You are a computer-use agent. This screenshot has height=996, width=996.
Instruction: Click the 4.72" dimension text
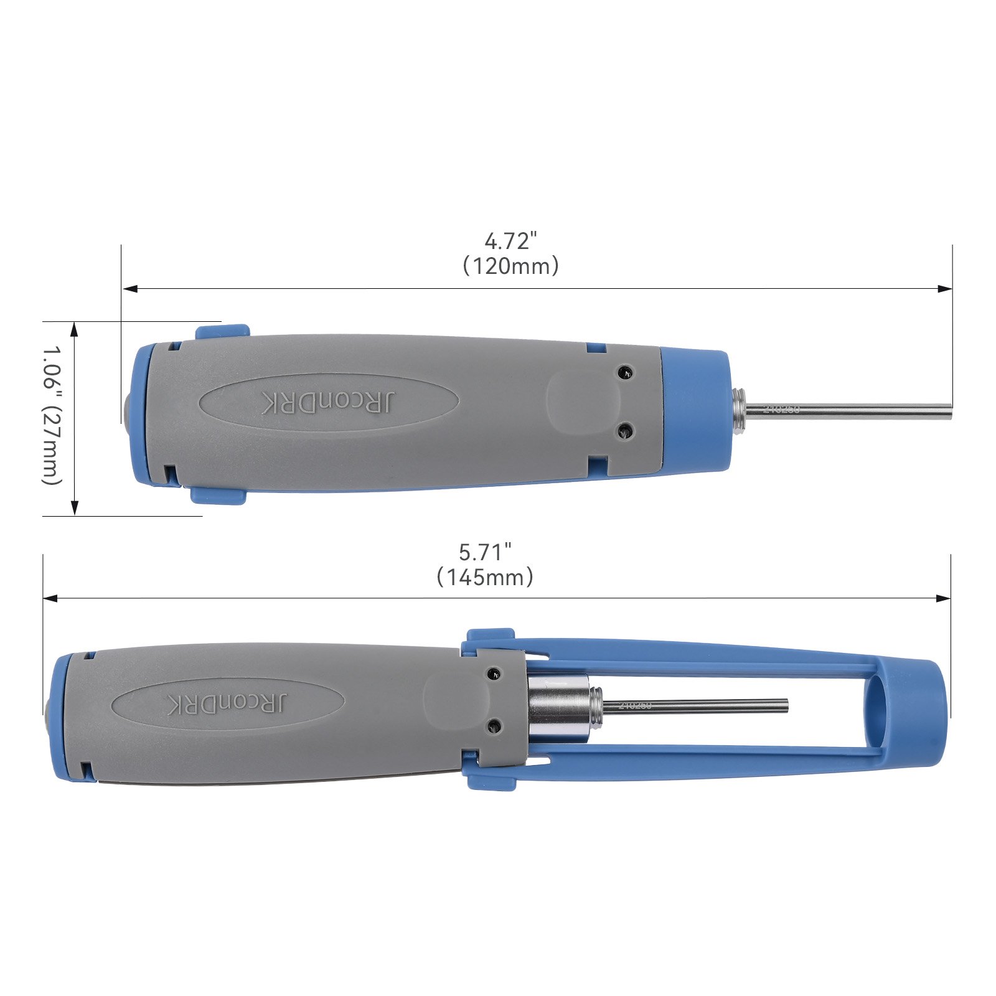510,241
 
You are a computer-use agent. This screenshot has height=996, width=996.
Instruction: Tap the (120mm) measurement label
510,266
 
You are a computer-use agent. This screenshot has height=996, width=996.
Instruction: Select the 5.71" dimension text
485,552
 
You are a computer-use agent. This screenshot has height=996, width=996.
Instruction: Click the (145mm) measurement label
485,578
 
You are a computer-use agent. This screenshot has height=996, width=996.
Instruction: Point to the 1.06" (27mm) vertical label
52,415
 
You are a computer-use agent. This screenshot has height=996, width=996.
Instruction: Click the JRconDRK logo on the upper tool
328,403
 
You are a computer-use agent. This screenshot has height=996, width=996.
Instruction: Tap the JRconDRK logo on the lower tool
228,703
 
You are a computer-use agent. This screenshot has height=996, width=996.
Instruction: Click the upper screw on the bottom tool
494,674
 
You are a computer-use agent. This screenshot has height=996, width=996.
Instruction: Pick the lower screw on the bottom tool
494,725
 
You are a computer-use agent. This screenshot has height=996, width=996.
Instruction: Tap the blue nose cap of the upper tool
694,411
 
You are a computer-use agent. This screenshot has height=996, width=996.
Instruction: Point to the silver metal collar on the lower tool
558,708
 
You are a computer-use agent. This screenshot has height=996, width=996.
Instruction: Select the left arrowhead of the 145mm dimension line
50,598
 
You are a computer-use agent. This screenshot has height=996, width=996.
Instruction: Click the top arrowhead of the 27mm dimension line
74,328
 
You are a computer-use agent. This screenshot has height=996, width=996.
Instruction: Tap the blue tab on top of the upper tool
222,331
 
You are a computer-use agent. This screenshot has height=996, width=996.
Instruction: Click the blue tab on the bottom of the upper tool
218,496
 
